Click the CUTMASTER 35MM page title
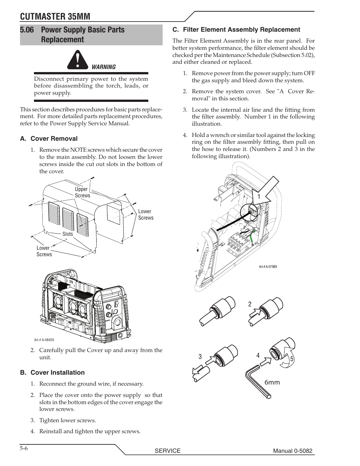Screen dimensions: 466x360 coord(55,16)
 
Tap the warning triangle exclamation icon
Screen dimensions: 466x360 coord(77,61)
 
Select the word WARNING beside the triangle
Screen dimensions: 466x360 coord(104,67)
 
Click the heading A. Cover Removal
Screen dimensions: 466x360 coord(49,138)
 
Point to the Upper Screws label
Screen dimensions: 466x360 coord(82,192)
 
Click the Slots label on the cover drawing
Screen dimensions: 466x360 coord(68,234)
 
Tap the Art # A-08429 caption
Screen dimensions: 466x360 coord(44,340)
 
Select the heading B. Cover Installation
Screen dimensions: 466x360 coord(52,372)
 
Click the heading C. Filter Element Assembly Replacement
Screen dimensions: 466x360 coord(236,29)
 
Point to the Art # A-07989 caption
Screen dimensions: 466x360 coord(268,267)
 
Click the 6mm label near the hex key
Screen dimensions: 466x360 coord(272,382)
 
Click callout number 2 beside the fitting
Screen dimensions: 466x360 coord(250,304)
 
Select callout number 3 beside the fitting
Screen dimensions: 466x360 coord(200,357)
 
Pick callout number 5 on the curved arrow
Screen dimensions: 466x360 coord(292,360)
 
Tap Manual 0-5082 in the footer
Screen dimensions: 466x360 coord(293,451)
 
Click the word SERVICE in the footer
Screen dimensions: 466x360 coord(168,451)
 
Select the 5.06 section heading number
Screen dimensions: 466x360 coord(29,30)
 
